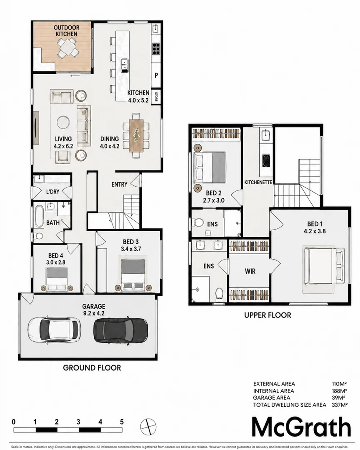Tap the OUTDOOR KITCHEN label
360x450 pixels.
(x=67, y=31)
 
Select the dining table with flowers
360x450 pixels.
(x=136, y=135)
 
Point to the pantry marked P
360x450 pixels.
(x=156, y=75)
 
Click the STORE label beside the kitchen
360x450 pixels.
(x=156, y=96)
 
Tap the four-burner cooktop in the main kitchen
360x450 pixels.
(x=156, y=48)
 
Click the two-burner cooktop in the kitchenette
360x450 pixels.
(x=266, y=160)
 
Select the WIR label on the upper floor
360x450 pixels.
(x=250, y=271)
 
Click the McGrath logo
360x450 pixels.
(x=301, y=427)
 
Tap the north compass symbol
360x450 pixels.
(x=148, y=426)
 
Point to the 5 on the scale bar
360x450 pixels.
(x=122, y=422)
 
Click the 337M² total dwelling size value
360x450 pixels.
(x=339, y=405)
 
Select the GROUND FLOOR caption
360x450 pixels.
(x=92, y=367)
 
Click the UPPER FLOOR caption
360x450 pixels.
(x=267, y=315)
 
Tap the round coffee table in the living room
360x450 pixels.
(x=63, y=122)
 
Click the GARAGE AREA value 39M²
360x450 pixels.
(x=338, y=397)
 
